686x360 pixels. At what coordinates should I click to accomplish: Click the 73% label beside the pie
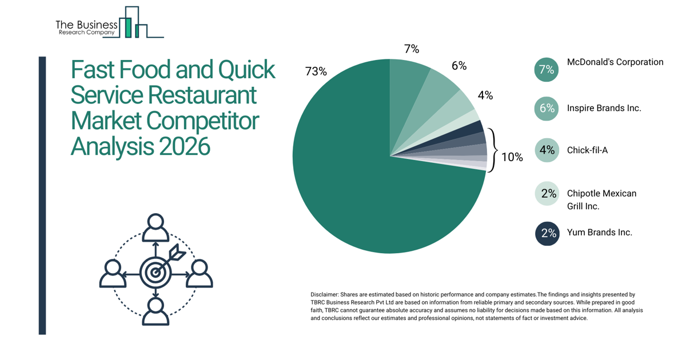click(316, 71)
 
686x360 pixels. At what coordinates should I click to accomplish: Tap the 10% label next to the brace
click(512, 157)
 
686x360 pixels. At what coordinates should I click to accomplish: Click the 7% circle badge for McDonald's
click(547, 70)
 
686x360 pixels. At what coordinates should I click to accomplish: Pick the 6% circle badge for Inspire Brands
click(547, 109)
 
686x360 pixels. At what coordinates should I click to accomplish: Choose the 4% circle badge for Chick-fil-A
click(547, 150)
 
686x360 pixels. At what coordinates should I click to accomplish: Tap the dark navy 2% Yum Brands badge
click(547, 233)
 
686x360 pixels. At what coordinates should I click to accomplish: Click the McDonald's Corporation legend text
click(615, 62)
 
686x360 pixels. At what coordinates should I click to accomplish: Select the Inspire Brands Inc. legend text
click(604, 108)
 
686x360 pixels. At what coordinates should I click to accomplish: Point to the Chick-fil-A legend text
click(587, 150)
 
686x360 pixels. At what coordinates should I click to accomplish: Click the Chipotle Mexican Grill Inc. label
click(601, 199)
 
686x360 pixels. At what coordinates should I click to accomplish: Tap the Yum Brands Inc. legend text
click(599, 233)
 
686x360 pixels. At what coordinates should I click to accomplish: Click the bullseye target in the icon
click(155, 273)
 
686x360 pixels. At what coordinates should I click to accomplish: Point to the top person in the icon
click(155, 228)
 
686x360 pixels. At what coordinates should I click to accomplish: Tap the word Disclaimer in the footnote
click(324, 294)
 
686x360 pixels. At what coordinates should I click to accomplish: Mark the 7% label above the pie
click(412, 49)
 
